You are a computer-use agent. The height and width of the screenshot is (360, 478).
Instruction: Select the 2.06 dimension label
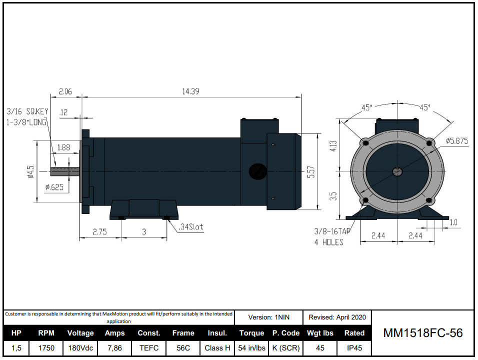pyautogui.click(x=66, y=91)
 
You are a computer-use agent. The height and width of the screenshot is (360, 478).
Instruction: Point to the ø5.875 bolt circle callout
pyautogui.click(x=456, y=141)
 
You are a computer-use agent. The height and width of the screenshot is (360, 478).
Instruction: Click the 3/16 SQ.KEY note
pyautogui.click(x=27, y=111)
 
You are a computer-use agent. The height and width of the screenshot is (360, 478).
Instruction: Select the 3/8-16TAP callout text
pyautogui.click(x=331, y=232)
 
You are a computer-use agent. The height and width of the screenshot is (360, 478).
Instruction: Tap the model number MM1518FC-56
pyautogui.click(x=422, y=333)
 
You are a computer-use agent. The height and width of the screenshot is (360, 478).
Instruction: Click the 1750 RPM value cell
pyautogui.click(x=46, y=348)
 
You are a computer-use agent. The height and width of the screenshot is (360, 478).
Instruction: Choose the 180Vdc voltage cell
pyautogui.click(x=80, y=348)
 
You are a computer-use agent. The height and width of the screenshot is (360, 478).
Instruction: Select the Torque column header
pyautogui.click(x=251, y=333)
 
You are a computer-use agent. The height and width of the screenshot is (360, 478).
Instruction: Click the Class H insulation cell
pyautogui.click(x=217, y=348)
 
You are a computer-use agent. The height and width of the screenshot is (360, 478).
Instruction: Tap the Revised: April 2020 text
pyautogui.click(x=337, y=317)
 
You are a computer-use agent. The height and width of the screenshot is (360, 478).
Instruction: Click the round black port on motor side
pyautogui.click(x=257, y=171)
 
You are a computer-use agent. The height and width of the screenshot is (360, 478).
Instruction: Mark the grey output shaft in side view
pyautogui.click(x=65, y=171)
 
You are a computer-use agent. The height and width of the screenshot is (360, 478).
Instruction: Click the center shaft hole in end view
pyautogui.click(x=397, y=171)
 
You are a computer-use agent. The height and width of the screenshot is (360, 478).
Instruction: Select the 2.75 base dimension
pyautogui.click(x=100, y=232)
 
